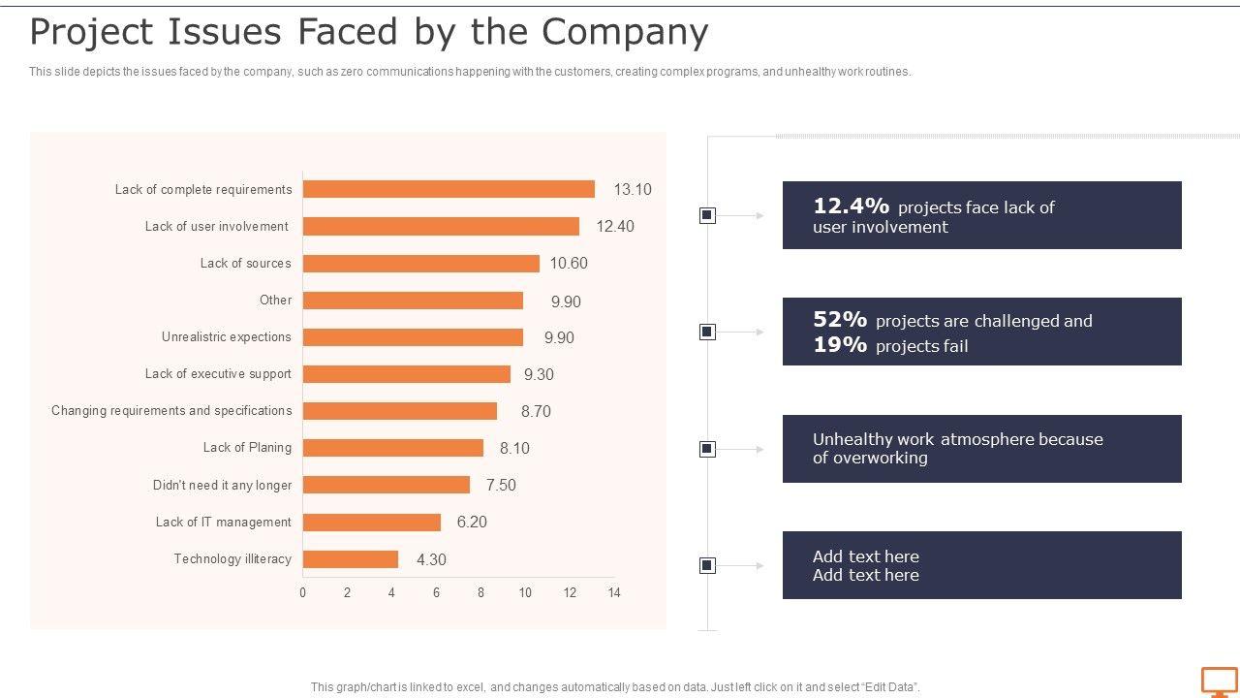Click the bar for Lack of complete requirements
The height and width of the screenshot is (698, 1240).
click(x=449, y=189)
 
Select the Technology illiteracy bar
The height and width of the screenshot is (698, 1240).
click(x=351, y=559)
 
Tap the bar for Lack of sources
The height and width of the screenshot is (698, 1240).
click(x=420, y=264)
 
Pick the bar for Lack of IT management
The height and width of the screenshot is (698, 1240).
click(x=372, y=523)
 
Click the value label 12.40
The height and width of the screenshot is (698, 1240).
click(x=615, y=227)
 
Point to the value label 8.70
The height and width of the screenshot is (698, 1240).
click(x=536, y=411)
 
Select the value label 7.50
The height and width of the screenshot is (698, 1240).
click(x=501, y=486)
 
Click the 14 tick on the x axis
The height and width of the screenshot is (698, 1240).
click(x=613, y=592)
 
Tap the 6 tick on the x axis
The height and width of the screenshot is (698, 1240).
click(x=436, y=592)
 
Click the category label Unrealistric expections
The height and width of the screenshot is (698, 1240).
click(x=226, y=337)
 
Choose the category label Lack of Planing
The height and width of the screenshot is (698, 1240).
click(x=247, y=448)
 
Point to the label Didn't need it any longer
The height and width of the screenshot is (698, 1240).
click(x=222, y=485)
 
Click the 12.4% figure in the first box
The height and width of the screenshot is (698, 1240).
click(x=851, y=206)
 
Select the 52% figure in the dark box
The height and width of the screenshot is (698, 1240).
click(x=840, y=320)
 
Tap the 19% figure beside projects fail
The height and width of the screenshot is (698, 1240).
click(x=840, y=345)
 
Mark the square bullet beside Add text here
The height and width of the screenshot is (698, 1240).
click(x=707, y=565)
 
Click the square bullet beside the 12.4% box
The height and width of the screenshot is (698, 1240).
click(x=707, y=215)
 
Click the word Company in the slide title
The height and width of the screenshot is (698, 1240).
click(x=625, y=32)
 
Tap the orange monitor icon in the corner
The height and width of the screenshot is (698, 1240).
click(x=1219, y=681)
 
